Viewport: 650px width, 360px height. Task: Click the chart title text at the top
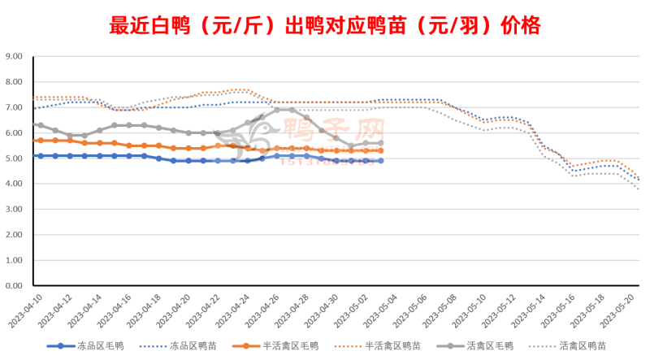(324, 26)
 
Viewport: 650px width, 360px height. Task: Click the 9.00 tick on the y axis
(15, 57)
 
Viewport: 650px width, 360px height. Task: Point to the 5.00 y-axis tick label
(15, 158)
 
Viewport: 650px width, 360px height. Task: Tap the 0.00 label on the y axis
(15, 286)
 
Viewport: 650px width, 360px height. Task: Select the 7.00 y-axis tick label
(15, 107)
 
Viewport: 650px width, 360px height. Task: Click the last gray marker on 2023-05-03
(381, 143)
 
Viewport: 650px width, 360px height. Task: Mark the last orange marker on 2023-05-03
(381, 151)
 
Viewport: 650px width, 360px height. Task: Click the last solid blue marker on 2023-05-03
(381, 161)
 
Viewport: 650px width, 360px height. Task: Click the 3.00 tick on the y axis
(15, 210)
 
